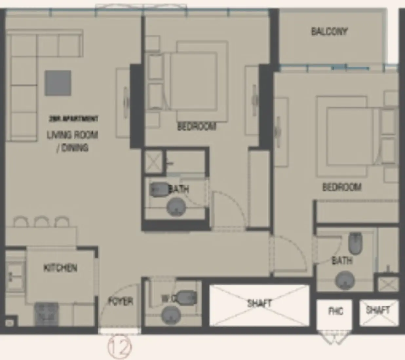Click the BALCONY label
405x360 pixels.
tap(329, 31)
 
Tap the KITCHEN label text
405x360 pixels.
tap(60, 268)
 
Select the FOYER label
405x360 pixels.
tap(120, 301)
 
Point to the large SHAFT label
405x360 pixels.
tap(259, 303)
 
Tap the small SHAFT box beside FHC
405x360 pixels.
tap(378, 310)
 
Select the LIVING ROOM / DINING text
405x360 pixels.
tap(72, 141)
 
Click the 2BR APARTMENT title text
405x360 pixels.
tap(73, 119)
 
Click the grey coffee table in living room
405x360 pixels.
tap(58, 83)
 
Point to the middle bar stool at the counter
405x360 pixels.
tap(42, 222)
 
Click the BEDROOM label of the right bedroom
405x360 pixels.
tap(342, 187)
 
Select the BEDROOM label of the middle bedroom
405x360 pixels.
tap(197, 126)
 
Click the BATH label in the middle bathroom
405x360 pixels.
tap(179, 189)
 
